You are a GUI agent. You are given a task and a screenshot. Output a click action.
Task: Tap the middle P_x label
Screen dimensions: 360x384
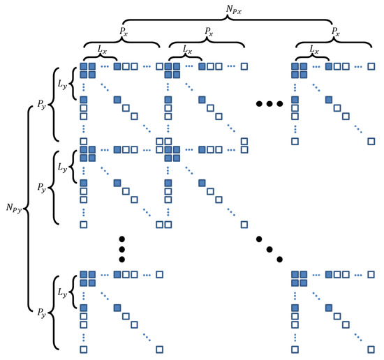(x=208, y=32)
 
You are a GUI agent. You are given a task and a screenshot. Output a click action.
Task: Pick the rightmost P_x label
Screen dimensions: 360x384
(x=337, y=32)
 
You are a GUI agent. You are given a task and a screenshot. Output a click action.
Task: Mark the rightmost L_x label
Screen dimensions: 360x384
(x=313, y=49)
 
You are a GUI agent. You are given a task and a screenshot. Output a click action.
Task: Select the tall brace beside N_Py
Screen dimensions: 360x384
(x=29, y=208)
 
